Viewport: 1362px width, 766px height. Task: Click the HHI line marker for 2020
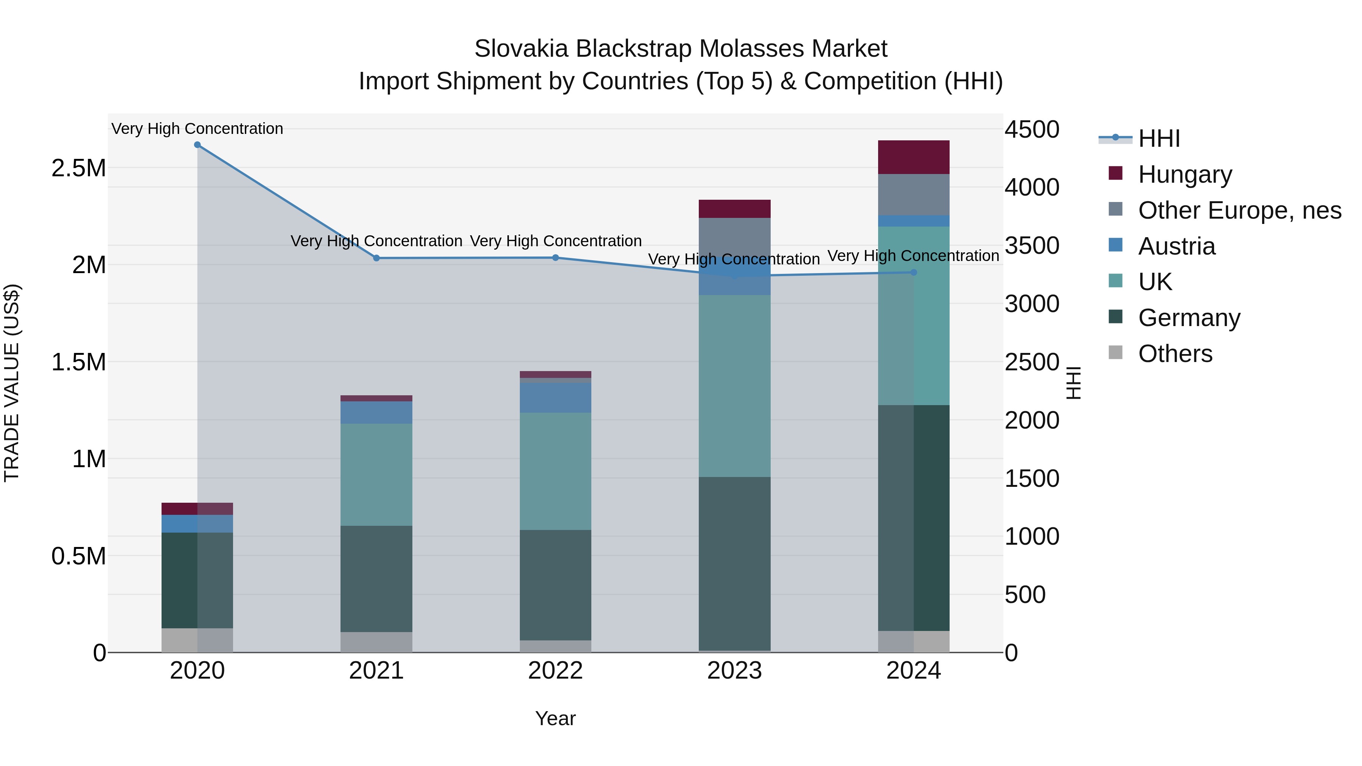click(197, 144)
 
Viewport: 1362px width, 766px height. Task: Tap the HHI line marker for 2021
click(376, 258)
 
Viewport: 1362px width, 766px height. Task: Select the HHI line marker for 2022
click(555, 258)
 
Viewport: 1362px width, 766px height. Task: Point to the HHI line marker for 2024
click(913, 272)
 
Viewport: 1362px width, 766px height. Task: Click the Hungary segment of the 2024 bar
click(913, 157)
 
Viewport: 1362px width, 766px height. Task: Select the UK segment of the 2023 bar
click(734, 386)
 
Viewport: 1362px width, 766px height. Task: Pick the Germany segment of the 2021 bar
click(376, 579)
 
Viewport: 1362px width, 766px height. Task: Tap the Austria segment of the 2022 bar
click(555, 398)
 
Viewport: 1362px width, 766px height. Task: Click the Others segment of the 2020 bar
click(197, 640)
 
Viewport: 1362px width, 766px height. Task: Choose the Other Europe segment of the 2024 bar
click(913, 194)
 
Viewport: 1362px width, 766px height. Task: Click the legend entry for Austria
click(1176, 246)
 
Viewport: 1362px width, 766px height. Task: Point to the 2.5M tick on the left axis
click(78, 168)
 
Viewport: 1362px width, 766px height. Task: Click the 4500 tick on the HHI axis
click(1032, 129)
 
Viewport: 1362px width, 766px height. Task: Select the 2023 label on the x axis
click(734, 671)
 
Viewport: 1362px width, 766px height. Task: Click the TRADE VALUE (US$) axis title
click(12, 383)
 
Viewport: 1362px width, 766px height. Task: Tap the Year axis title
click(555, 718)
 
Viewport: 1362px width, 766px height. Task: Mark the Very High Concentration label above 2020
click(197, 129)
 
